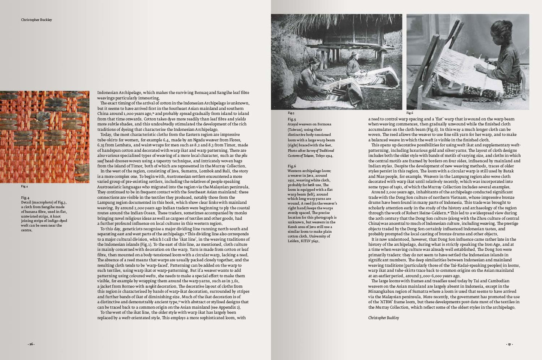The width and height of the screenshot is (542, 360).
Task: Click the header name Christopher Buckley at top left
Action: (x=36, y=20)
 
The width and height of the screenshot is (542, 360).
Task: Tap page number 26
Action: (x=32, y=344)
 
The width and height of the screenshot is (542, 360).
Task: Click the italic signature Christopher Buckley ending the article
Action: (x=383, y=318)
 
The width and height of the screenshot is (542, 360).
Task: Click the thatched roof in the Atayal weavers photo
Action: (x=338, y=30)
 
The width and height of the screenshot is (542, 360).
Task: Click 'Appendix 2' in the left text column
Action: (x=228, y=307)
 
